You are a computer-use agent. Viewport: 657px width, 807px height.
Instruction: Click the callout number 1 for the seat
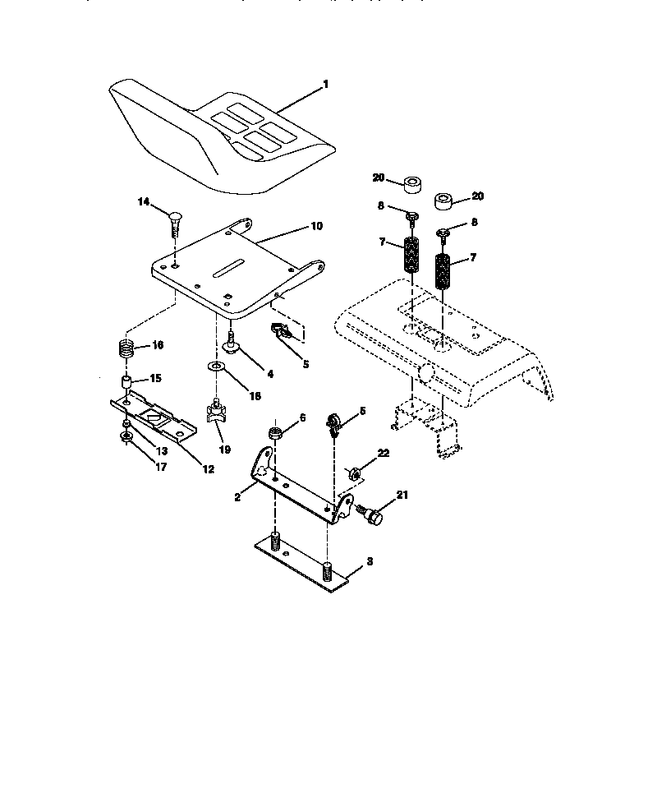pyautogui.click(x=325, y=84)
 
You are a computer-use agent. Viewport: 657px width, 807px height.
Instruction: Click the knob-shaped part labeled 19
pyautogui.click(x=217, y=413)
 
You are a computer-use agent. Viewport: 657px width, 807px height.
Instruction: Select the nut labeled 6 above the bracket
pyautogui.click(x=277, y=432)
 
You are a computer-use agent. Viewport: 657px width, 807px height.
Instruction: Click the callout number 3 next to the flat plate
pyautogui.click(x=370, y=561)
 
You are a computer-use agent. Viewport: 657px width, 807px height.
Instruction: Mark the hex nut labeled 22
pyautogui.click(x=356, y=473)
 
